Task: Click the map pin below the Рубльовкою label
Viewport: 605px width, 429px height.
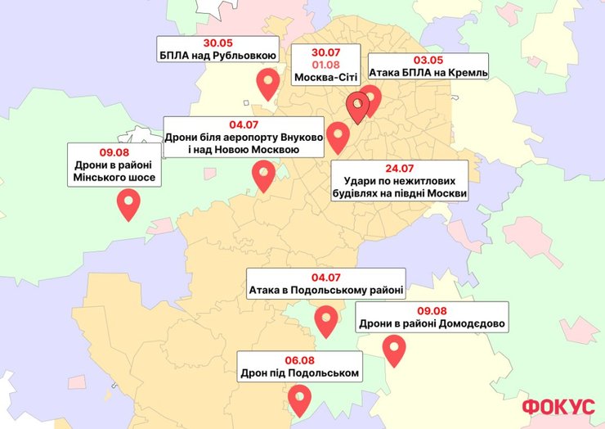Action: (x=267, y=83)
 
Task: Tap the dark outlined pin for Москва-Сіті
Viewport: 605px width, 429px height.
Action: (x=357, y=106)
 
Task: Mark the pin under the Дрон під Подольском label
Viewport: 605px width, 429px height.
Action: (x=301, y=399)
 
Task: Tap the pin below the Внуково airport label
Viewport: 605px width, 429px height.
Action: (x=263, y=174)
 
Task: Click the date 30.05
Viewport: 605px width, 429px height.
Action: (x=217, y=43)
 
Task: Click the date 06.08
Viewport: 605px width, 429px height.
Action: (x=300, y=359)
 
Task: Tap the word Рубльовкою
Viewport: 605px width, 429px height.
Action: (x=244, y=56)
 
